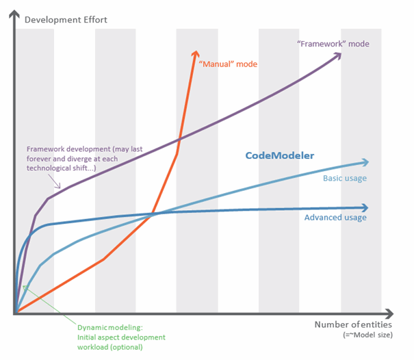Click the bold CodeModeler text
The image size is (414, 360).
point(279,155)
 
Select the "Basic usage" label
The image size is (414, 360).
point(344,178)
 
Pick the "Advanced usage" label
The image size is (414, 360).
point(335,218)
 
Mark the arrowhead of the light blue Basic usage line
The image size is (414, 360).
point(364,162)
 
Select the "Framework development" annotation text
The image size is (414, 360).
point(75,148)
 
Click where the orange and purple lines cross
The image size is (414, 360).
point(179,141)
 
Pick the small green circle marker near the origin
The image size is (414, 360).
point(25,286)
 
